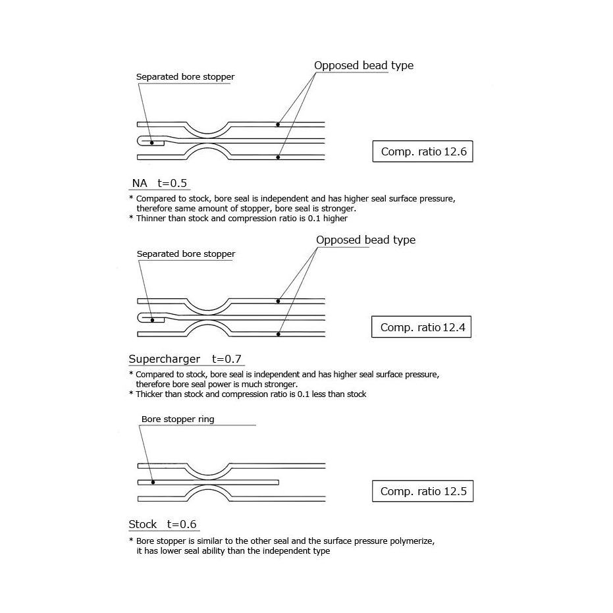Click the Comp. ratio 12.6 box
point(423,152)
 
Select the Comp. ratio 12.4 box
point(421,327)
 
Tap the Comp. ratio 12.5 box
point(423,492)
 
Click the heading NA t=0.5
point(159,183)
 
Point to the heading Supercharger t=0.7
point(186,359)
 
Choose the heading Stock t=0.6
point(163,524)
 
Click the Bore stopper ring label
point(178,419)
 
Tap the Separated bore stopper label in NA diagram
point(185,77)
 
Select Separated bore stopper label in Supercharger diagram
point(186,254)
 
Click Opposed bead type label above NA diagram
point(363,65)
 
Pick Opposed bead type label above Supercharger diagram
point(365,240)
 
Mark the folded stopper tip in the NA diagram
point(140,141)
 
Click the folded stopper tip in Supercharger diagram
point(140,318)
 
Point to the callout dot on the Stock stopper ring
point(153,481)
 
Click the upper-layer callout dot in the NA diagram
point(279,124)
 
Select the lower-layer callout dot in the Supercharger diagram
point(279,334)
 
